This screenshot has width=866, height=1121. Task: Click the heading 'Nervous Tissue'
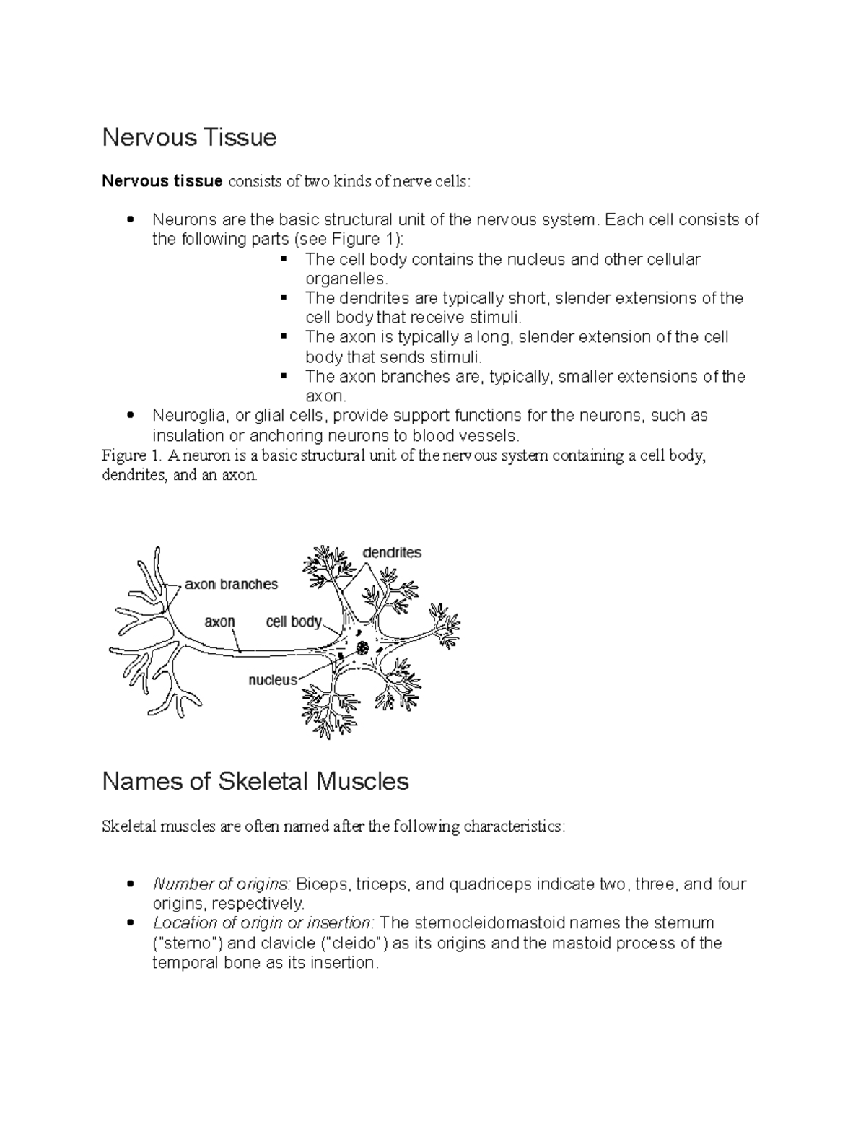click(189, 137)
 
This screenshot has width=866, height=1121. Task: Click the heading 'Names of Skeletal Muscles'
click(255, 781)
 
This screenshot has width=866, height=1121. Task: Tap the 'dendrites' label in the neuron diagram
click(391, 553)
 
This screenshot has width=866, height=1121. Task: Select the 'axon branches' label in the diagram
click(231, 585)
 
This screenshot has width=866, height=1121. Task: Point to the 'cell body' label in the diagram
click(293, 621)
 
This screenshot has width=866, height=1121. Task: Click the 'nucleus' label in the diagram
click(272, 680)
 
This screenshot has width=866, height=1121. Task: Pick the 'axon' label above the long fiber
click(219, 621)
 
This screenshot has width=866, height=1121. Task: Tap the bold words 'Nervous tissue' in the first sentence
click(162, 180)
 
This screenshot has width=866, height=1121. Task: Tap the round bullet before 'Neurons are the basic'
click(130, 220)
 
